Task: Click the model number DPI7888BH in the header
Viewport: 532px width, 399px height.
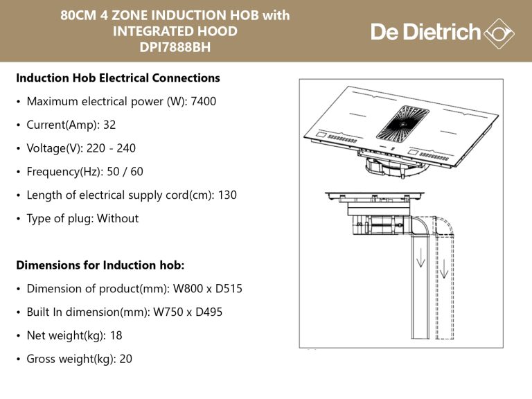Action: tap(175, 47)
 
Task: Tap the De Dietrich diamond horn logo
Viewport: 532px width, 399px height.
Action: tap(499, 33)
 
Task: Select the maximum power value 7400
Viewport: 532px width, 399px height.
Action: tap(203, 101)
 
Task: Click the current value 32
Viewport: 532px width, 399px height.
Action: tap(109, 125)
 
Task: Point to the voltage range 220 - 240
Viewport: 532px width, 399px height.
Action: tap(111, 148)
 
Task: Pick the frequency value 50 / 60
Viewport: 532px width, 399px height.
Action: tap(125, 171)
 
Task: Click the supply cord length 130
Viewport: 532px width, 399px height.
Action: tap(227, 195)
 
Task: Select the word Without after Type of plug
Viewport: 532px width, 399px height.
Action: tap(118, 218)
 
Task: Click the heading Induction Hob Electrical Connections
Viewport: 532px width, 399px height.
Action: tap(118, 78)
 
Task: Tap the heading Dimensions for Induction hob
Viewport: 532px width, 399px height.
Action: tap(100, 265)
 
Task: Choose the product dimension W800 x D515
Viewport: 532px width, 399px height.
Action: tap(208, 288)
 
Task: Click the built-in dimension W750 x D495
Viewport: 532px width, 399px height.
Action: tap(188, 312)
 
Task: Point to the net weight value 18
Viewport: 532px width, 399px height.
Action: tap(116, 335)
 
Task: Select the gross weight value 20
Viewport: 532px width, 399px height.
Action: tap(125, 359)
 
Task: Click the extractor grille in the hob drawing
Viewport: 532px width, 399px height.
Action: tap(402, 123)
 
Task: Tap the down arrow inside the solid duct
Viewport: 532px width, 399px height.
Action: tap(420, 258)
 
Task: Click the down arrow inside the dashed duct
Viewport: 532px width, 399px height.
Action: tap(444, 269)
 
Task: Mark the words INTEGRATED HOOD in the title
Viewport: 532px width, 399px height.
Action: tap(175, 31)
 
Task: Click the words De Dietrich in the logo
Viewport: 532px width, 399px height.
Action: tap(426, 33)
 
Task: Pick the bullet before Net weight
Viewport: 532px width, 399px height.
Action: tap(18, 336)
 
